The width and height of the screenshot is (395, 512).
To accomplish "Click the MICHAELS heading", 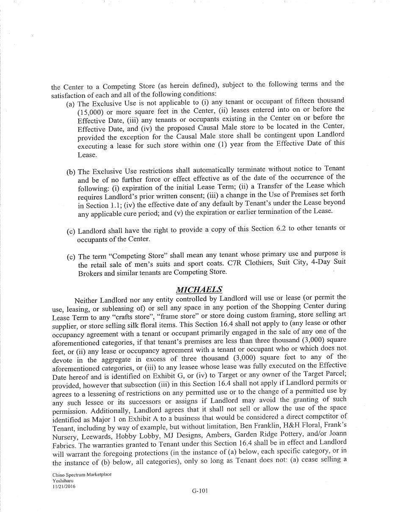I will coord(199,290).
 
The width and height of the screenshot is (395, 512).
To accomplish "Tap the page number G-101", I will coord(199,491).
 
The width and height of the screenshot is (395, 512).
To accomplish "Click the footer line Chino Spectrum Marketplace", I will coord(82,475).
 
